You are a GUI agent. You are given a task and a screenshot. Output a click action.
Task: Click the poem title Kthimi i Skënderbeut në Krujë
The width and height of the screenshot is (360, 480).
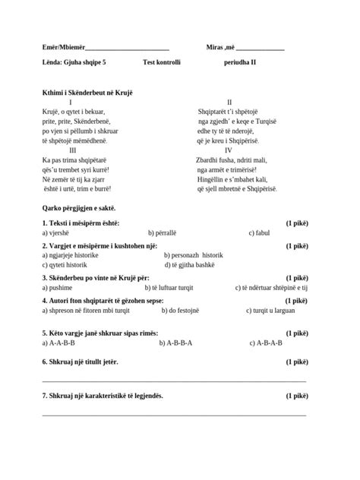pos(87,93)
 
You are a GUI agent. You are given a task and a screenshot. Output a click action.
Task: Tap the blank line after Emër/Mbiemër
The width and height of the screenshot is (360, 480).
pos(128,49)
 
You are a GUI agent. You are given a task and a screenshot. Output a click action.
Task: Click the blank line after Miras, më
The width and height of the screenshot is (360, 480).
pos(260,49)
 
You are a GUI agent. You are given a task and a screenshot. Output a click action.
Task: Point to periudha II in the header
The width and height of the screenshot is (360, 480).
pos(240,63)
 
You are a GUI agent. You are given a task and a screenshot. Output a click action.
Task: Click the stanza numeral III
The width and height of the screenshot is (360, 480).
pos(72,150)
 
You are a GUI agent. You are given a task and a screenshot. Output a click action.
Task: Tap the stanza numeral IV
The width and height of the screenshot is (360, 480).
pos(229,150)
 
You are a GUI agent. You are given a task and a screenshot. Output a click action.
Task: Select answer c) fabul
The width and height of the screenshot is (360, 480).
pos(259,233)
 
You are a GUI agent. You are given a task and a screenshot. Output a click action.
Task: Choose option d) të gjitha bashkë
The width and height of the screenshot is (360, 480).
pos(190,265)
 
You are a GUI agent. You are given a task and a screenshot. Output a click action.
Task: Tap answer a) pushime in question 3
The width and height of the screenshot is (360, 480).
pos(58,288)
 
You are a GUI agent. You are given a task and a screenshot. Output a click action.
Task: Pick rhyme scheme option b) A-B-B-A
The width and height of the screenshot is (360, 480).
pos(175,343)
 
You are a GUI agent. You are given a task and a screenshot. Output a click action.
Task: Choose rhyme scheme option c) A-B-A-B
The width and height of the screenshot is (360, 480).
pos(266,343)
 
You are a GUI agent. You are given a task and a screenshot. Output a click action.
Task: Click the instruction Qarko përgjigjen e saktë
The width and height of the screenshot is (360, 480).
pos(79,207)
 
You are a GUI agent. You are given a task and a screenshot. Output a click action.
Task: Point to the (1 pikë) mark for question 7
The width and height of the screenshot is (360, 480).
pos(297,396)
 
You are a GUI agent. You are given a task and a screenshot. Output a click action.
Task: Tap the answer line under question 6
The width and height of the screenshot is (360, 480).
pos(174,380)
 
